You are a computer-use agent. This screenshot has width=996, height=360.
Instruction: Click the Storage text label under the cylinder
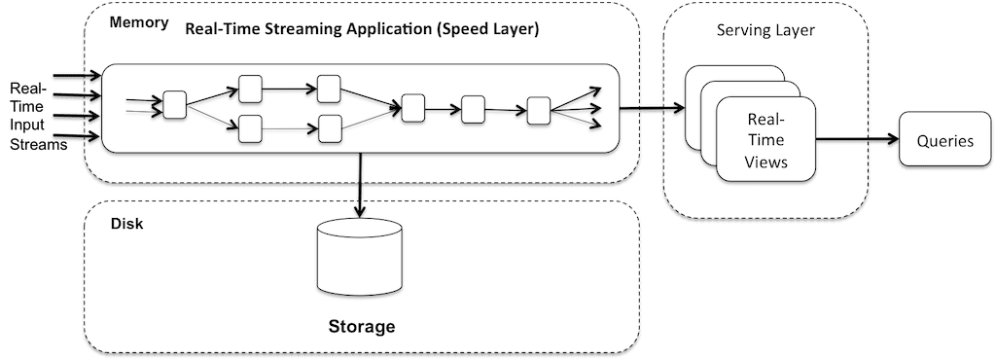coord(360,326)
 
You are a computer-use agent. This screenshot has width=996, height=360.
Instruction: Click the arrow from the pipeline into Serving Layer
coord(642,110)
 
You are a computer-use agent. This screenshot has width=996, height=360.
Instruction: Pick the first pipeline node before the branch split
coord(175,103)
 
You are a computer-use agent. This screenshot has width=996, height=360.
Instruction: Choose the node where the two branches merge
coord(414,108)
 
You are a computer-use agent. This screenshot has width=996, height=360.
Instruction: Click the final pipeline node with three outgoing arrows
coord(538,110)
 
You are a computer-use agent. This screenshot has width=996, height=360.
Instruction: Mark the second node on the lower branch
coord(330,126)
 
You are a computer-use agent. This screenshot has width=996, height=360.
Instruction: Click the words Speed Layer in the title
coord(492,29)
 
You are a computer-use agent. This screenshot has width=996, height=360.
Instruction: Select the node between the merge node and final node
coord(474,109)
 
